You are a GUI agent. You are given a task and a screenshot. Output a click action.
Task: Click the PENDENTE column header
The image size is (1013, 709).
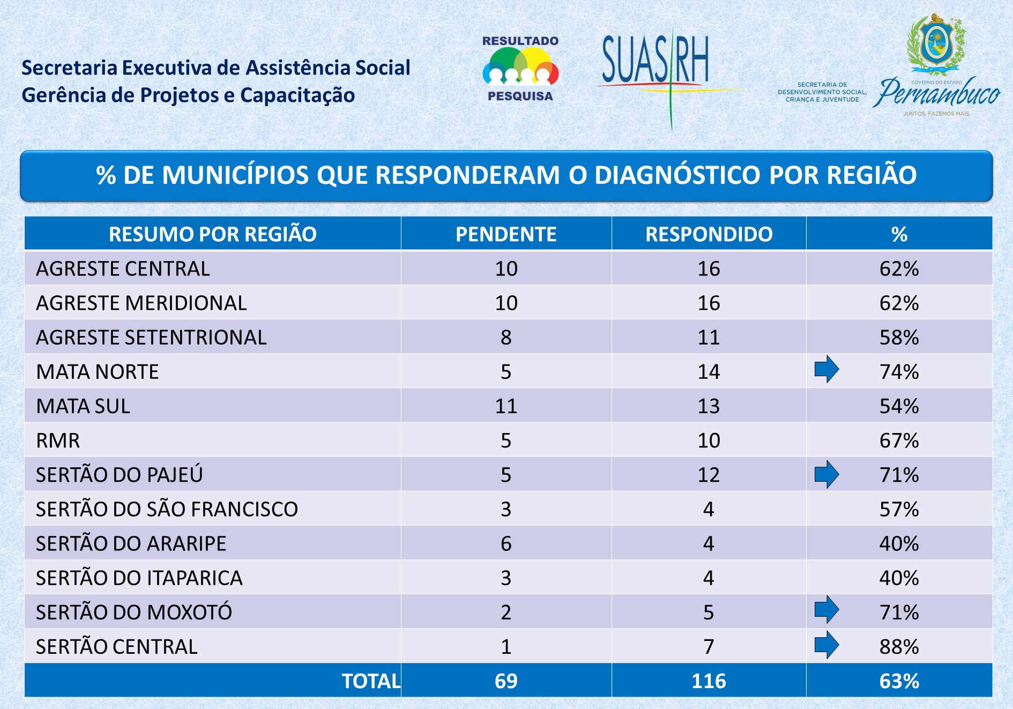[x=506, y=234]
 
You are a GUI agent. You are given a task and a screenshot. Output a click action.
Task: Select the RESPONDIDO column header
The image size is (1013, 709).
[x=709, y=234]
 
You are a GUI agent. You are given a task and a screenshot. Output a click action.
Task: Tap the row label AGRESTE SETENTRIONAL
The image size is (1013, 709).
[x=151, y=338]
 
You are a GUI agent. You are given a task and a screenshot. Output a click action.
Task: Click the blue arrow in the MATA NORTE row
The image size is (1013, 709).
[x=826, y=369]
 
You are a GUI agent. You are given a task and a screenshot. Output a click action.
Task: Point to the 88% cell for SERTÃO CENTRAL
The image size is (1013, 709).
[x=899, y=647]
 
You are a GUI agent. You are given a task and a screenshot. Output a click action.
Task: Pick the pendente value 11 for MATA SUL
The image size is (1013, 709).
[x=506, y=406]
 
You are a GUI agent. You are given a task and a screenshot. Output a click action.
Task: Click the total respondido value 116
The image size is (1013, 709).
[x=709, y=681]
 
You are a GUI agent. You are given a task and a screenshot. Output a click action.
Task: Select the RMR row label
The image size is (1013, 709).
[x=58, y=441]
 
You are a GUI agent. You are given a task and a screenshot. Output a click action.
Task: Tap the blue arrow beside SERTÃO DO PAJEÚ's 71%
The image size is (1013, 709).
[x=826, y=474]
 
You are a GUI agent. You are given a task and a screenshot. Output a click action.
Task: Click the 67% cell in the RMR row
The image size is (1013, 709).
[x=899, y=441]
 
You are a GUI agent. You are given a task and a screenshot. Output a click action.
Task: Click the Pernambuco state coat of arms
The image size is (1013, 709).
[x=936, y=43]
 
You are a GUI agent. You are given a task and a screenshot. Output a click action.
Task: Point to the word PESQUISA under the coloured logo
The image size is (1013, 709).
[x=520, y=96]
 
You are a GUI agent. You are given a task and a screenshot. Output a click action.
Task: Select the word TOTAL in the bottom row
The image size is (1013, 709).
[x=371, y=681]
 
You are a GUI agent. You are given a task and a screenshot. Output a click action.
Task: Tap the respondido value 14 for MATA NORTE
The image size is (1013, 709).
[x=709, y=372]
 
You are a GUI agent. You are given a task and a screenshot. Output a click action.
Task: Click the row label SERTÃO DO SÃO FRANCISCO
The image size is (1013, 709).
[x=167, y=509]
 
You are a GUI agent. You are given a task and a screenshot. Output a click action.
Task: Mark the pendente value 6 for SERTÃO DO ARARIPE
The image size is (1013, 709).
[x=506, y=544]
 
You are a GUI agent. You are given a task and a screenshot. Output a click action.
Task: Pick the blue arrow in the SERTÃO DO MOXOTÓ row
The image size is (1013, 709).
[x=826, y=609]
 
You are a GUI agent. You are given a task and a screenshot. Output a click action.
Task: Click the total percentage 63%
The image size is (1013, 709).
[x=899, y=681]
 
